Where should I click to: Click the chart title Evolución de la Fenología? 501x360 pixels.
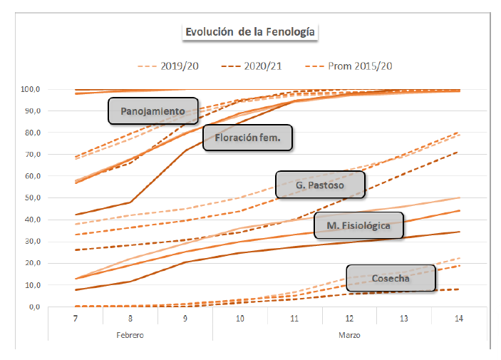pyautogui.click(x=250, y=32)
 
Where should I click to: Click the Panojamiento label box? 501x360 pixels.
pyautogui.click(x=153, y=111)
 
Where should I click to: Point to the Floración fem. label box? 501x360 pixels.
pyautogui.click(x=248, y=138)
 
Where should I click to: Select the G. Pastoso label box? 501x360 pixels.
pyautogui.click(x=320, y=185)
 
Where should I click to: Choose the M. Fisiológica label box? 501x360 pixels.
pyautogui.click(x=358, y=226)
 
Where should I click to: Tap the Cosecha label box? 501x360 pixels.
pyautogui.click(x=391, y=278)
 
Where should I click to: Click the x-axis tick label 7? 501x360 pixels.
pyautogui.click(x=75, y=319)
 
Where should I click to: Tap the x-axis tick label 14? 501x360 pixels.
pyautogui.click(x=458, y=319)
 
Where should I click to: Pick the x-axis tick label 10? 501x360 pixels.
pyautogui.click(x=239, y=319)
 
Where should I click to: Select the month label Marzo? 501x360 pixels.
pyautogui.click(x=348, y=334)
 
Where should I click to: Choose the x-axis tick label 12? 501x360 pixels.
pyautogui.click(x=348, y=319)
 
